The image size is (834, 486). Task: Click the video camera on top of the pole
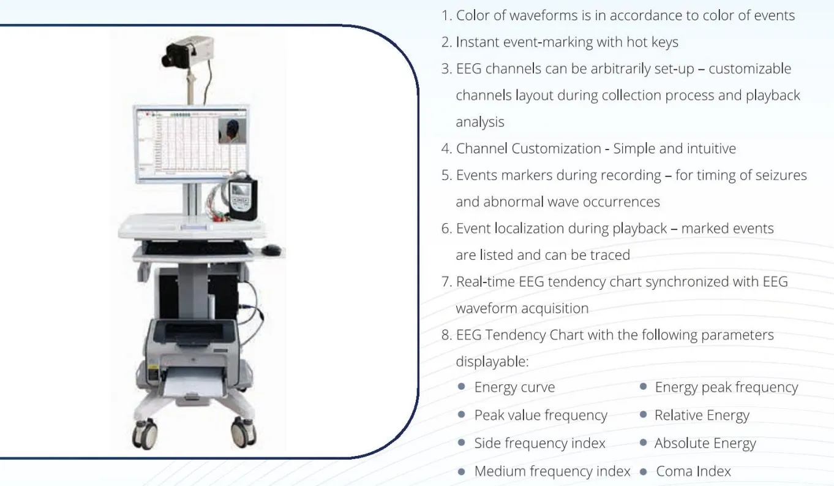tap(187, 52)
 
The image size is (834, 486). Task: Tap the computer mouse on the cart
tap(271, 250)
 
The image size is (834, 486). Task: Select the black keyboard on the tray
tap(197, 248)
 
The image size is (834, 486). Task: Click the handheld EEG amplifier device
tap(242, 199)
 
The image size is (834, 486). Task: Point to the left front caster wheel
tap(145, 434)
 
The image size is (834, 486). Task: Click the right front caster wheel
tap(244, 432)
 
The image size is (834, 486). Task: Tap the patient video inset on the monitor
tap(231, 131)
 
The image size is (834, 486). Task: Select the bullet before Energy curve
tap(461, 387)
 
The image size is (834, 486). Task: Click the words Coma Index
tap(693, 471)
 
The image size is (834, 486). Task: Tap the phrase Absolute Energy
tap(705, 443)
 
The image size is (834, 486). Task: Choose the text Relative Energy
tap(702, 415)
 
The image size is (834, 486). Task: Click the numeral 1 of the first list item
tap(445, 16)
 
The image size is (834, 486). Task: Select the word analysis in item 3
tap(480, 122)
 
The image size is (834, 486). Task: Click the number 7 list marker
tap(446, 282)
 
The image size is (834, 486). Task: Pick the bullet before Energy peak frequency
tap(643, 387)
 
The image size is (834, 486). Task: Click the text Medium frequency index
tap(552, 471)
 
